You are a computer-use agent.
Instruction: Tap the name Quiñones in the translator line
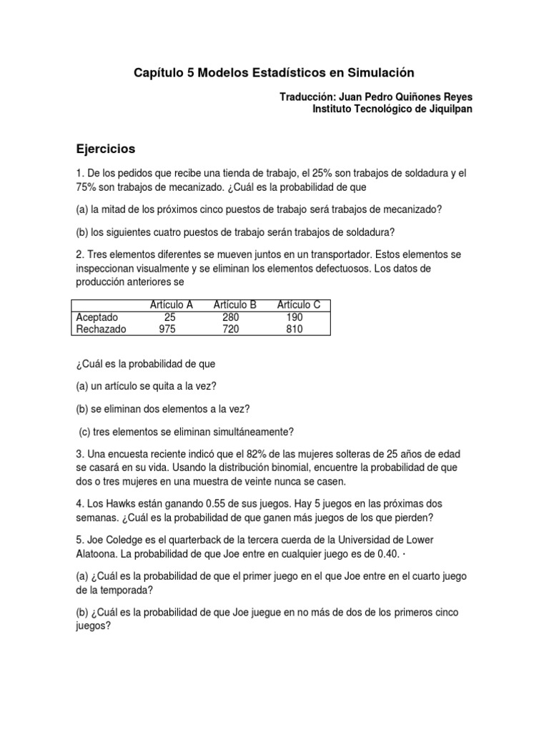pos(402,96)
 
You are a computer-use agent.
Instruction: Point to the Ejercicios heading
pos(105,149)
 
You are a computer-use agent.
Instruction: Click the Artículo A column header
pos(172,305)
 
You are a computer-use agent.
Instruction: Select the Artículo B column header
pos(234,305)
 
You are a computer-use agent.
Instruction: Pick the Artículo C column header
pos(298,305)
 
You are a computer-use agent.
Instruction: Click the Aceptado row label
pos(97,317)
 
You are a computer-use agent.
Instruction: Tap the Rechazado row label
pos(101,329)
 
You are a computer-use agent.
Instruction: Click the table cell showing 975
pos(169,329)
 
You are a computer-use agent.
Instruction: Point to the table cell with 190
pos(294,317)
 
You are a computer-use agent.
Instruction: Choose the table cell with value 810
pos(294,329)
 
